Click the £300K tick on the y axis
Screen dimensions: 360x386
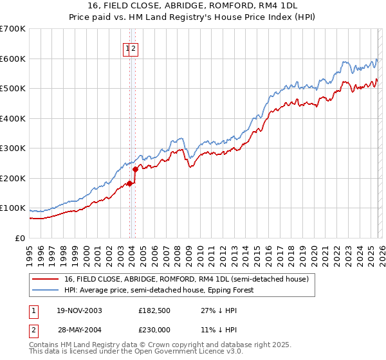(x=13, y=148)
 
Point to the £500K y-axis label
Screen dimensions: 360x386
(x=13, y=89)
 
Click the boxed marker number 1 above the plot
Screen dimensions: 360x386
(x=127, y=48)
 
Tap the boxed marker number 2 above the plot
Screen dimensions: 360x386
(x=134, y=48)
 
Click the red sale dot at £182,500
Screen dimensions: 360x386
(x=130, y=183)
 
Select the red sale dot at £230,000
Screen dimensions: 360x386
(x=136, y=170)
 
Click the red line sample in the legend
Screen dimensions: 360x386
(x=46, y=280)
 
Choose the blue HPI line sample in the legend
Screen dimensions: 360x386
(x=46, y=290)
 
